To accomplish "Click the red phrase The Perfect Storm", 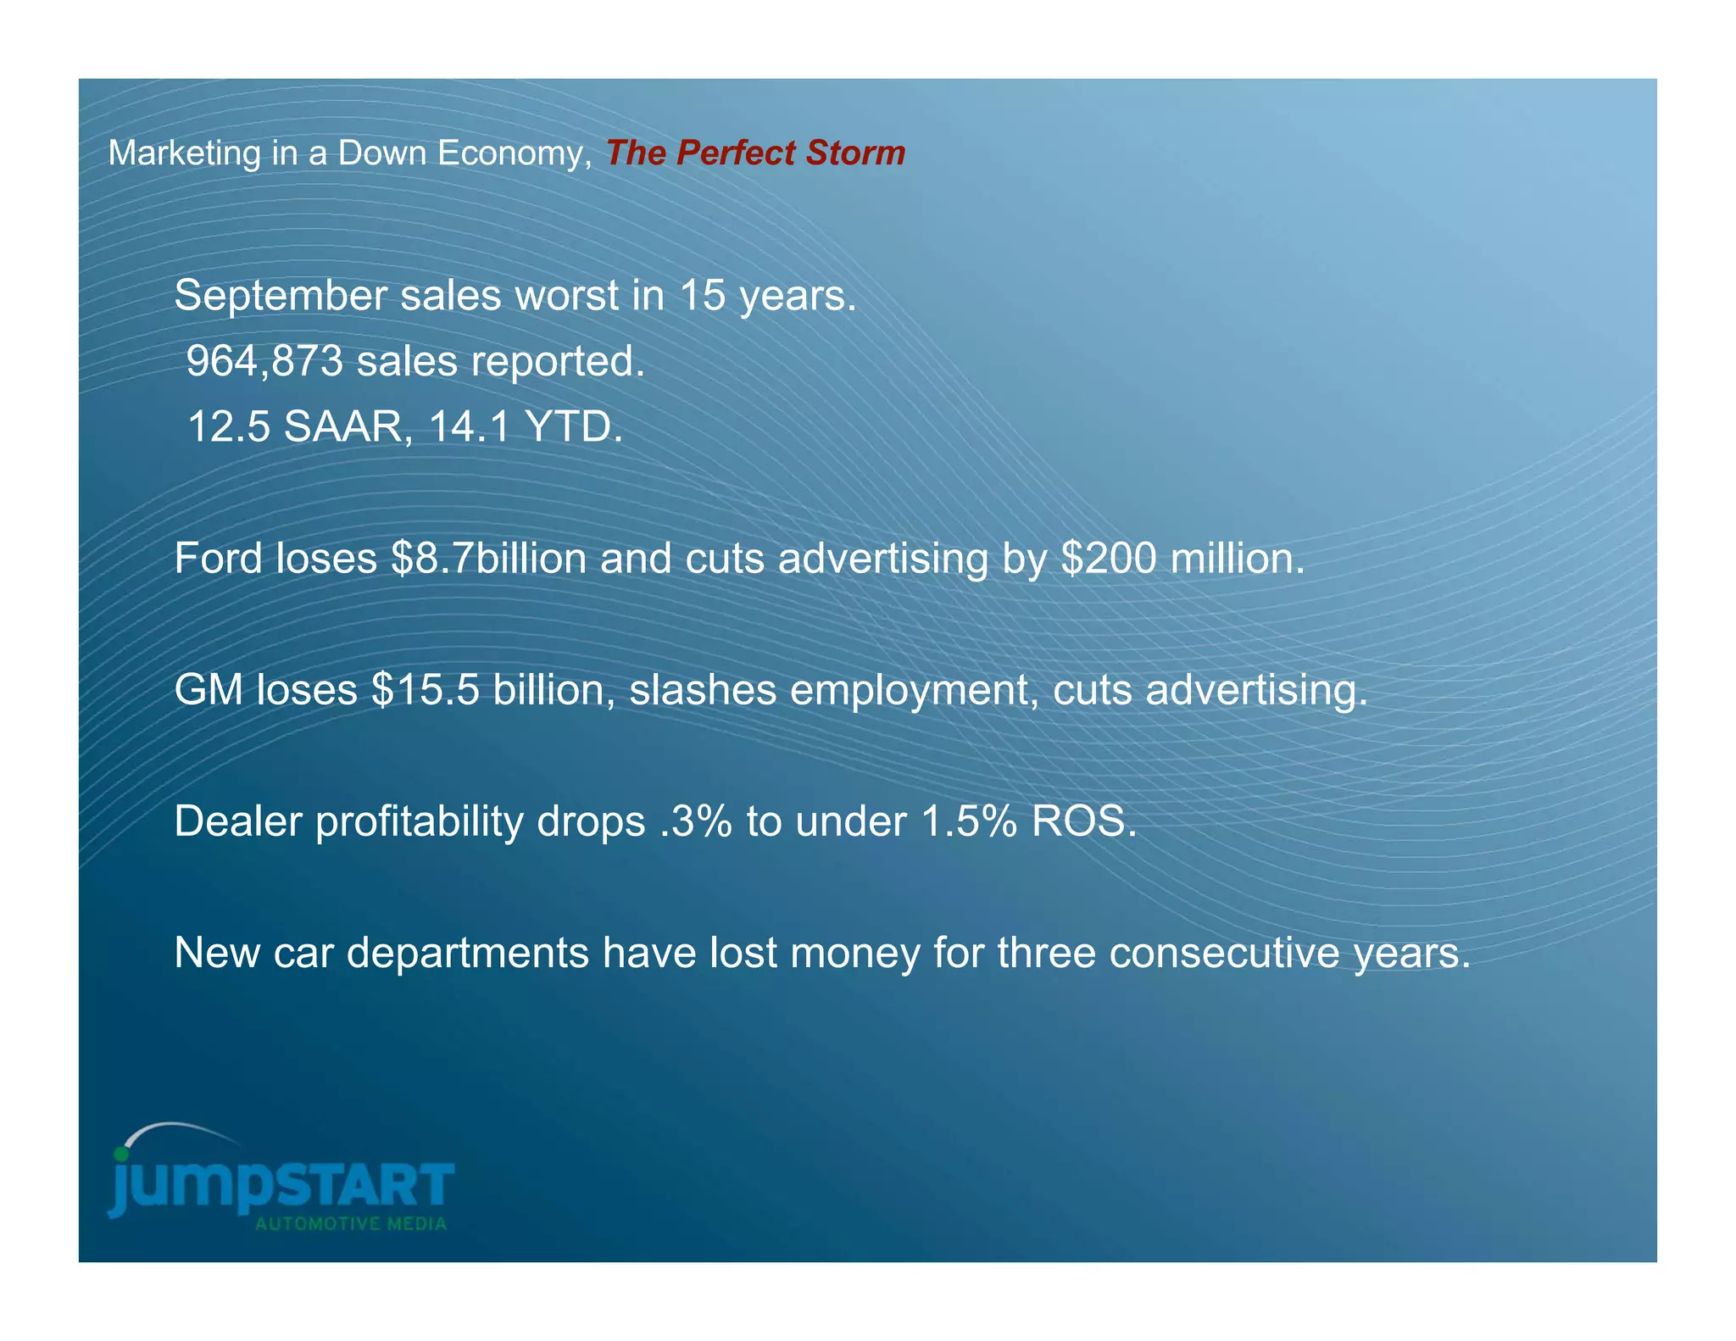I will pos(754,153).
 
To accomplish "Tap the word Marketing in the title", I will pos(185,153).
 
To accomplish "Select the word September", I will pos(280,297).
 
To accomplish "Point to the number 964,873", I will pos(264,361).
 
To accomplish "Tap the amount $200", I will pos(1109,559).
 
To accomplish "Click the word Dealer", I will pos(237,821).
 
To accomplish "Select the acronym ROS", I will pos(1082,821).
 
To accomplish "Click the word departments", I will pos(467,953).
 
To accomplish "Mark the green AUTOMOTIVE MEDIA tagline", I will pos(351,1224).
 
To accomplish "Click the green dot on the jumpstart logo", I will pos(122,1154).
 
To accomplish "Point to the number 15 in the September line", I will pos(702,297).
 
